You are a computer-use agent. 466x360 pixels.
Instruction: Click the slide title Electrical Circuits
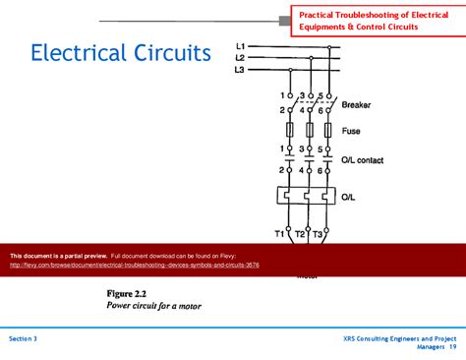pos(120,53)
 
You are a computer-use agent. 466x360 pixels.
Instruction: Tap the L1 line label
pos(241,46)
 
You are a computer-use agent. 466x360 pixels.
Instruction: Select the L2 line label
pos(241,58)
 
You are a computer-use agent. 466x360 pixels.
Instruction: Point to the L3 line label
pos(241,70)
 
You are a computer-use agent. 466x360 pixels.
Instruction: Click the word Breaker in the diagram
pos(356,105)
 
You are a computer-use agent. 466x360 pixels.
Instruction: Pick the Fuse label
pos(351,130)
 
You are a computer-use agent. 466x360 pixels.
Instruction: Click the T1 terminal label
pos(279,233)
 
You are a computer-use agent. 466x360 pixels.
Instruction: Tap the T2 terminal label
pos(300,234)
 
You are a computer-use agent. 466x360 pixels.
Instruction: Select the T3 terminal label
pos(318,233)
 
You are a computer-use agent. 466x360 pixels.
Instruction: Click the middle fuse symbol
pos(311,130)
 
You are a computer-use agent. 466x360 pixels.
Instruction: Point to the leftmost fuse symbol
pos(291,130)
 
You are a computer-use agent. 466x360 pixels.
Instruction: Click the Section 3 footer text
pos(23,338)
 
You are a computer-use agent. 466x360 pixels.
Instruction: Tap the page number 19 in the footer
pos(452,347)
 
